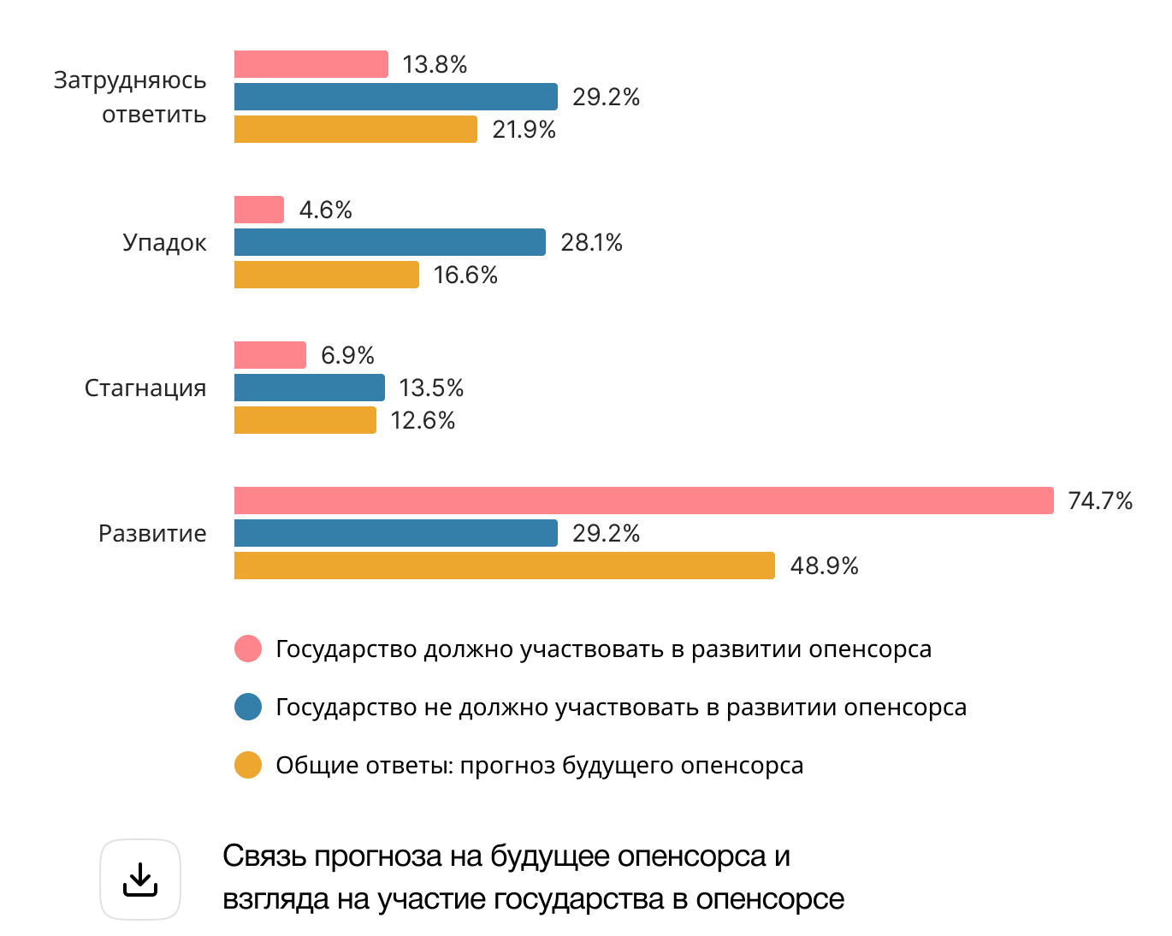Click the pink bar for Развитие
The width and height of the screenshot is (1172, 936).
pos(643,501)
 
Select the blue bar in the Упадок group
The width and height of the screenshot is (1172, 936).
pos(389,242)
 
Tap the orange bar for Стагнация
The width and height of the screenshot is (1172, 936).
pos(305,420)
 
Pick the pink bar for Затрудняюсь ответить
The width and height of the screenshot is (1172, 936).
pos(311,64)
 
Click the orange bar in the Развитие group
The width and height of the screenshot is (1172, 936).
pos(504,566)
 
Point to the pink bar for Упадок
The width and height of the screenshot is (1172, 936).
pos(258,210)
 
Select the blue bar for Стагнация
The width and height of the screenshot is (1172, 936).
pos(309,388)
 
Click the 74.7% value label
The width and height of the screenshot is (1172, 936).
pos(1100,501)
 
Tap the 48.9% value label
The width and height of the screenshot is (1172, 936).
pos(824,566)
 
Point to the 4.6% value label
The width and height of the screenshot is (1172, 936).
pos(326,210)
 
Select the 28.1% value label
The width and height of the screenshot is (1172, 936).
pos(591,242)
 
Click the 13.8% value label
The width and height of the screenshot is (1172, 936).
pos(435,64)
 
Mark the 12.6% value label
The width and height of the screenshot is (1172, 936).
pos(423,420)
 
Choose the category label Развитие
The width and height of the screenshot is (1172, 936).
pos(152,533)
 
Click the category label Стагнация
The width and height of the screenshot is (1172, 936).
pos(145,388)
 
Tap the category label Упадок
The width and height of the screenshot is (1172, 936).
pos(164,242)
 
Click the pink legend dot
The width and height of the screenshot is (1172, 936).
pos(248,649)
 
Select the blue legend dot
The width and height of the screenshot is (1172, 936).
pos(248,707)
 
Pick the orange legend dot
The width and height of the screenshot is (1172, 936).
pos(248,765)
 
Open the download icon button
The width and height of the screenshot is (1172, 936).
pos(140,880)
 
